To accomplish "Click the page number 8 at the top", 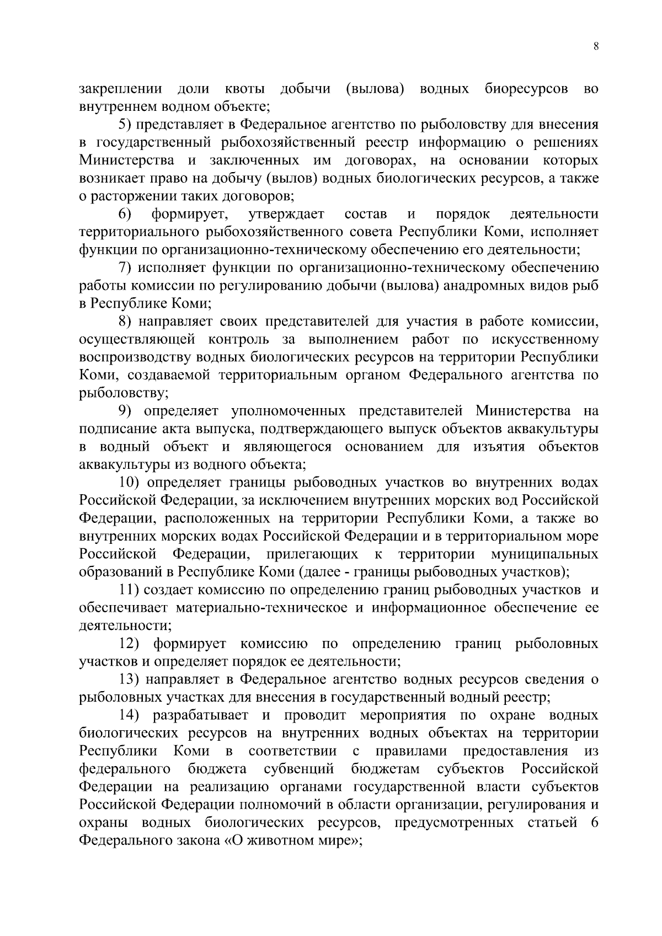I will point(596,47).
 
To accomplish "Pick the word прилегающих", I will point(312,554).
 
